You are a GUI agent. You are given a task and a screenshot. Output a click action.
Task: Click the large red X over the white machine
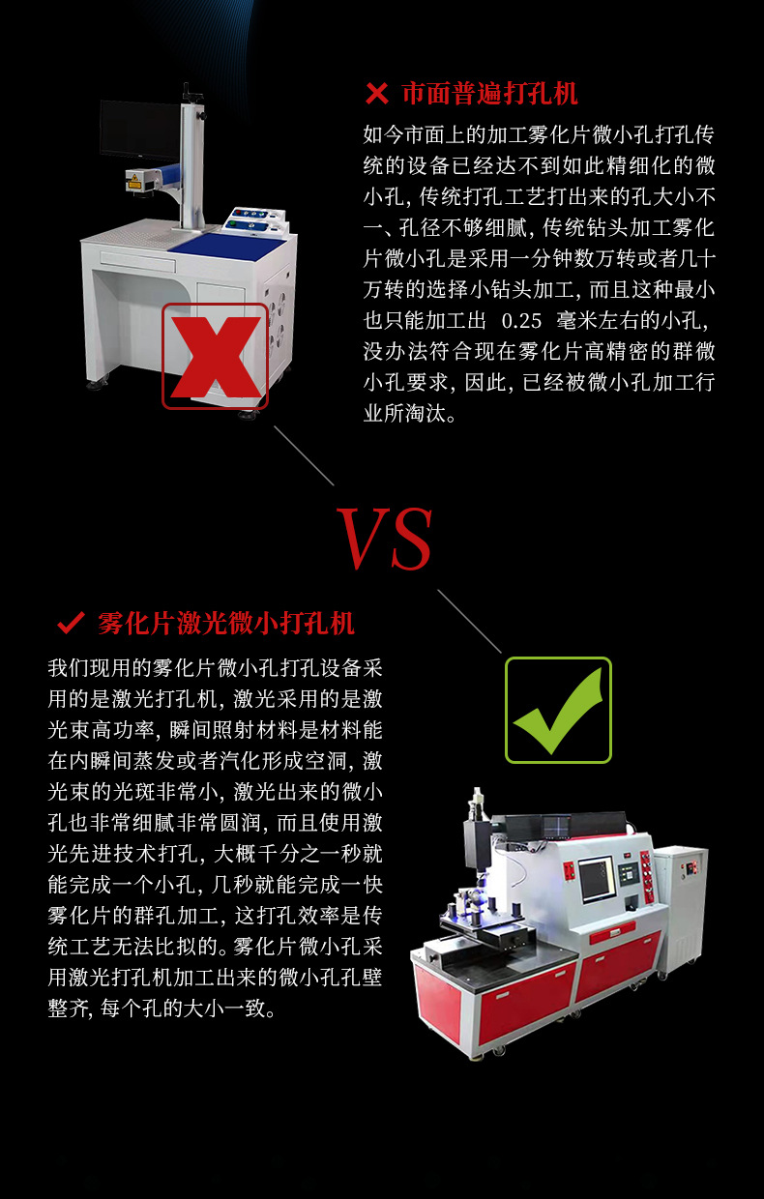point(215,356)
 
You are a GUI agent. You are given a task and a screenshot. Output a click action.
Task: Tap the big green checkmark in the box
point(558,711)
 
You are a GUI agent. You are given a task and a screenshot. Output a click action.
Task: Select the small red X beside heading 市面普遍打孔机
point(375,94)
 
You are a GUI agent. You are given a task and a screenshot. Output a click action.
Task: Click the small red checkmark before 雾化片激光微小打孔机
point(71,623)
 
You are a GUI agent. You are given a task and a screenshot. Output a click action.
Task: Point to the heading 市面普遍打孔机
point(489,94)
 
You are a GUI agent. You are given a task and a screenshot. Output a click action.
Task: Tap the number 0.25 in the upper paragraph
point(522,320)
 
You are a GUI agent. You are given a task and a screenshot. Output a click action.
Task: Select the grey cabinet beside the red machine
point(682,904)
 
